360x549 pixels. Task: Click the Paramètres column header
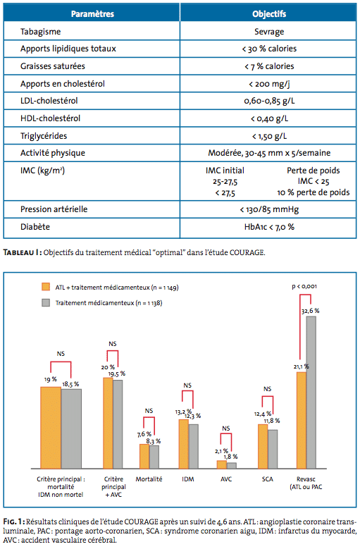(x=92, y=14)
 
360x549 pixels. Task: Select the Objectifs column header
(x=269, y=14)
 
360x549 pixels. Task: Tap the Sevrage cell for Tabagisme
(x=269, y=32)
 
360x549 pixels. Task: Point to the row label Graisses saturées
(x=52, y=66)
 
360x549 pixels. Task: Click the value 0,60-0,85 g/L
(x=269, y=101)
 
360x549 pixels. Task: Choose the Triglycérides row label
(x=44, y=136)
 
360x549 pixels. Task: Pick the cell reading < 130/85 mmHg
(x=269, y=209)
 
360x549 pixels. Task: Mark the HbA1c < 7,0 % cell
(x=269, y=227)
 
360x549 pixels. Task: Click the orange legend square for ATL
(x=46, y=287)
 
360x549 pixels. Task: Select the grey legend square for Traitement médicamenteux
(x=46, y=302)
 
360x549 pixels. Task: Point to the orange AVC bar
(x=222, y=464)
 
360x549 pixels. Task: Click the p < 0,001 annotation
(x=304, y=286)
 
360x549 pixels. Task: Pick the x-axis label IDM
(x=188, y=479)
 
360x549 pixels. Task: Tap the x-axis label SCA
(x=267, y=479)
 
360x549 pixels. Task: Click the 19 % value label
(x=51, y=379)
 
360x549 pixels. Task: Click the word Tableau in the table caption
(x=18, y=252)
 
